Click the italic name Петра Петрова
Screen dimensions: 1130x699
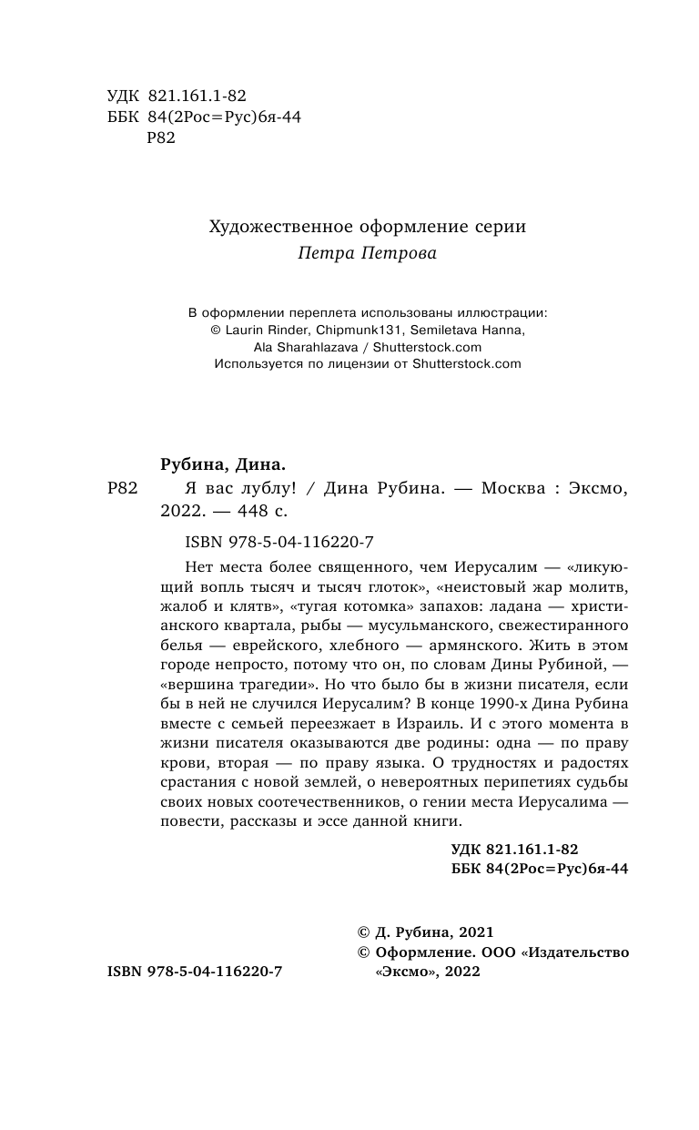pos(367,254)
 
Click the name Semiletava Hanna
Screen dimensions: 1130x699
pos(466,331)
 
